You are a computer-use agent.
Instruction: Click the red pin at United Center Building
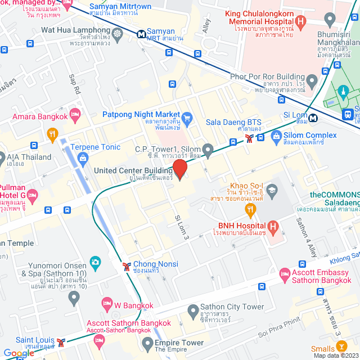click(179, 169)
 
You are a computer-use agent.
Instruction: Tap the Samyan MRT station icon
click(142, 34)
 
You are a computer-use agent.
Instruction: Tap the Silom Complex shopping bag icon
click(276, 136)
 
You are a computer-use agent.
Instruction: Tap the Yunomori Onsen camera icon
click(95, 262)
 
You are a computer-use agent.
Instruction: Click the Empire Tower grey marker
click(147, 343)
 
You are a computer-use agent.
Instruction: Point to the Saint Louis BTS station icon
click(61, 341)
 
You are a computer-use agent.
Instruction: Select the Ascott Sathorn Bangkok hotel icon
click(100, 339)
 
